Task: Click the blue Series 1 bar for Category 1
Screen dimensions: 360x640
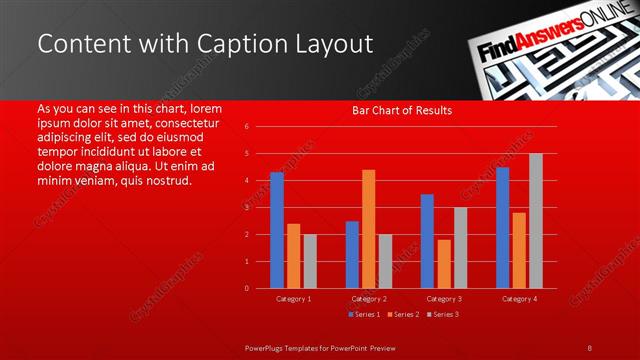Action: pos(277,230)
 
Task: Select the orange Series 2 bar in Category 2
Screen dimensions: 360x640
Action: pos(369,229)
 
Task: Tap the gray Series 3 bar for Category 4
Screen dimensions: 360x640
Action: pos(536,221)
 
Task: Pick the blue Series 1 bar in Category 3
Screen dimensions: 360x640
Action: pos(427,241)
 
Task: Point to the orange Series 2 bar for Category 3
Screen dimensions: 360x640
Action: pos(444,264)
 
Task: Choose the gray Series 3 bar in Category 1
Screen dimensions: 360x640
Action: pos(310,261)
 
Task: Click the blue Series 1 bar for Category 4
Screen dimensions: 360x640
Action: pos(502,228)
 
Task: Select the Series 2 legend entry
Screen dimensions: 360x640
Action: pos(402,315)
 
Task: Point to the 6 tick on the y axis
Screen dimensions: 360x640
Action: pos(246,127)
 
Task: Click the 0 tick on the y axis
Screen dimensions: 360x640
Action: pos(246,288)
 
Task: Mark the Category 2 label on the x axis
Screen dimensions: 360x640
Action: pos(369,299)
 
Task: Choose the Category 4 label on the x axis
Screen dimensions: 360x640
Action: pos(519,299)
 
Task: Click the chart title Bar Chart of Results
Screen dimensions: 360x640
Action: pos(402,110)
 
